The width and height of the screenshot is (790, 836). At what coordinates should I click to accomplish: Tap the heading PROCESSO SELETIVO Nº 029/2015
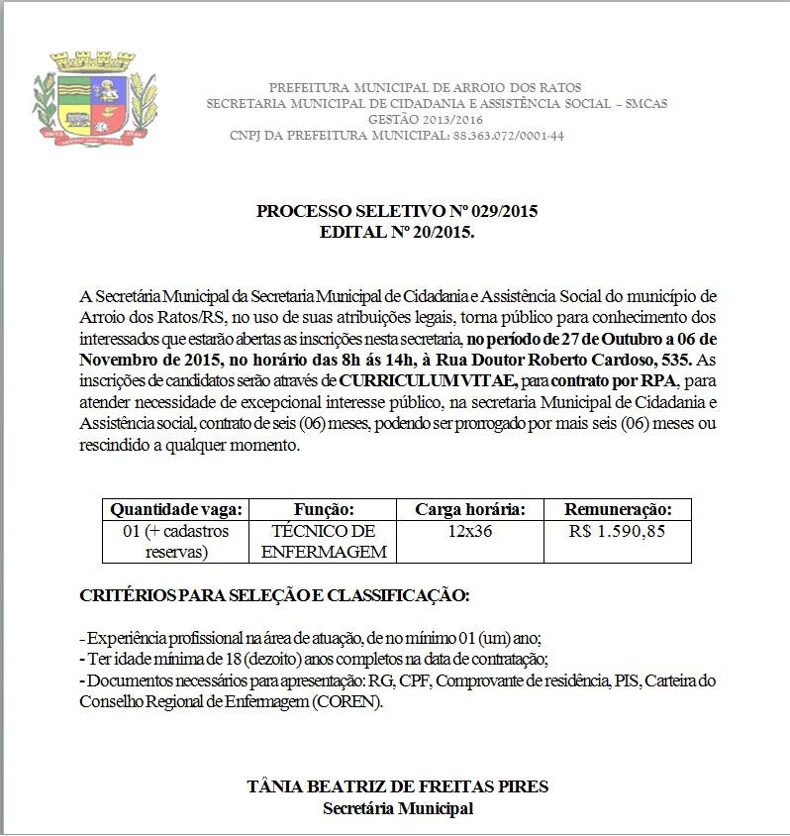coord(397,211)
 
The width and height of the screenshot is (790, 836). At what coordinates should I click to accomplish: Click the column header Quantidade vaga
coord(176,509)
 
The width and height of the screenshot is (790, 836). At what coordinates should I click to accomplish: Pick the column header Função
coord(324,509)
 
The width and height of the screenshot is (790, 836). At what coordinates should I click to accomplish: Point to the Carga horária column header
coord(469,509)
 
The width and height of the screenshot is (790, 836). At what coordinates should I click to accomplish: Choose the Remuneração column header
coord(618,509)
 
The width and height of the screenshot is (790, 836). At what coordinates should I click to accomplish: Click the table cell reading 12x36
coord(469,531)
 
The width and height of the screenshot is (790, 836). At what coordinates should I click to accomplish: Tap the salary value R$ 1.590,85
coord(618,531)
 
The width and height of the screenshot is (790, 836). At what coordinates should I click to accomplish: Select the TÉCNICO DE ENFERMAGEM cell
coord(324,541)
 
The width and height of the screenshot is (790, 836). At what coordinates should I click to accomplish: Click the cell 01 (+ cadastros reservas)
coord(176,541)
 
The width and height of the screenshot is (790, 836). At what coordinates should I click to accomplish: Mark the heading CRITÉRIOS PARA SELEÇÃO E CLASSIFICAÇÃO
coord(274,596)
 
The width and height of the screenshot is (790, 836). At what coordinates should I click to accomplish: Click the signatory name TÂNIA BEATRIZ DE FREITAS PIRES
coord(397,787)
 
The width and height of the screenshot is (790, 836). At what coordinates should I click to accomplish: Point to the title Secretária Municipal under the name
coord(397,808)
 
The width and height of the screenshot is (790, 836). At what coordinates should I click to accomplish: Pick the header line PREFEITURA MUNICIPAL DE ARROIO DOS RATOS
coord(425,88)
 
